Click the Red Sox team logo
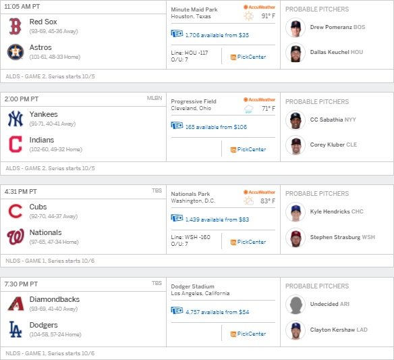[x=15, y=26]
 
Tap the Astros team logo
[x=16, y=52]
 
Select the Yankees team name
[x=43, y=114]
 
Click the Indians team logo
[x=16, y=145]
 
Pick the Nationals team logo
[x=16, y=236]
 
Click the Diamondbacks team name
[x=55, y=299]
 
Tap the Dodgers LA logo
[x=16, y=329]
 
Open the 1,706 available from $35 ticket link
[x=217, y=35]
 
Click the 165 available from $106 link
[x=216, y=127]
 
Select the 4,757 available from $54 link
[x=217, y=312]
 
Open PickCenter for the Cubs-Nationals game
[x=248, y=242]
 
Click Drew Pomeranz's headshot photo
[x=295, y=28]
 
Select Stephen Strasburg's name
[x=335, y=237]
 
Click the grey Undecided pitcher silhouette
[x=295, y=305]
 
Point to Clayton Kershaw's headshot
[x=295, y=330]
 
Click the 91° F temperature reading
[x=269, y=16]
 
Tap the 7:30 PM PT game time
[x=21, y=284]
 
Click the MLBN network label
[x=154, y=98]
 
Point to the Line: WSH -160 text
[x=191, y=237]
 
